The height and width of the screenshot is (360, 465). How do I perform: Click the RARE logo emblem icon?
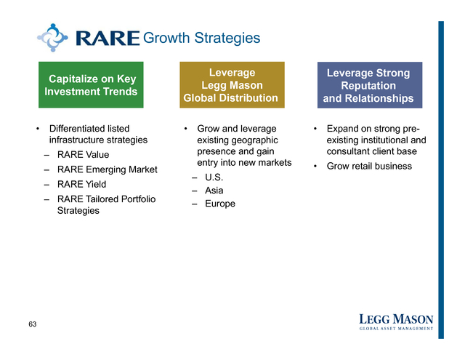point(52,38)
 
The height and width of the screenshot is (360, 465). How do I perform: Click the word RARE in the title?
point(108,38)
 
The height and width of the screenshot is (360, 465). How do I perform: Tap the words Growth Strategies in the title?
point(202,38)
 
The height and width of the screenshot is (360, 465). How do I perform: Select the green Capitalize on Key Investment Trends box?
point(91,85)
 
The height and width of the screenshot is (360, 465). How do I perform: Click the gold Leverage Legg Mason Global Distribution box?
point(232,85)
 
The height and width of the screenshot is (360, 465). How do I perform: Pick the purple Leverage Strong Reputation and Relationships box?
point(370,85)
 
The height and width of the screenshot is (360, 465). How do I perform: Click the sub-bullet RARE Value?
point(83,155)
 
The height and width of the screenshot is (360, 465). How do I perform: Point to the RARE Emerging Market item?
point(108,169)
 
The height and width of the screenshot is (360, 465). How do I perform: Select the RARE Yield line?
point(81,184)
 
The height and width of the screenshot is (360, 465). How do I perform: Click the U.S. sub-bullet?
point(214,177)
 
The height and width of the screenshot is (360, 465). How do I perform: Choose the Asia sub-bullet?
point(214,191)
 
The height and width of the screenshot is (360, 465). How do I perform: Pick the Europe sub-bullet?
point(220,204)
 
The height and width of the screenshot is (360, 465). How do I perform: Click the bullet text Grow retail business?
point(369,166)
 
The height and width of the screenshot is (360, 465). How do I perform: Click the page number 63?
point(32,324)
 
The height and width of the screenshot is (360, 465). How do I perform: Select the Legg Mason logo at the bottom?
point(396,322)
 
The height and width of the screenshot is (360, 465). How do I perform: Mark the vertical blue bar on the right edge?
point(441,180)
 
